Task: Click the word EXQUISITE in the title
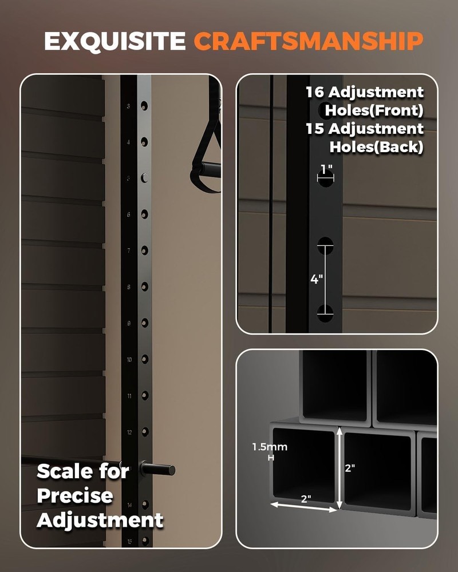114,41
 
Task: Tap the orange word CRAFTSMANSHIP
309,41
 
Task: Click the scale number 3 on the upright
128,106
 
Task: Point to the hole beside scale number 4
144,142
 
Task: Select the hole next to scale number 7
144,251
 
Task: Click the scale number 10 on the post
129,360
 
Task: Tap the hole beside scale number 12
144,432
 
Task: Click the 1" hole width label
326,170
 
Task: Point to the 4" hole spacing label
317,279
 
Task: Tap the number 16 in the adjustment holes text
315,92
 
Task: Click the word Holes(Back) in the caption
376,146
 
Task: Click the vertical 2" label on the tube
350,467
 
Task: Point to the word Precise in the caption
75,496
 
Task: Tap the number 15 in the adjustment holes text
315,129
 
